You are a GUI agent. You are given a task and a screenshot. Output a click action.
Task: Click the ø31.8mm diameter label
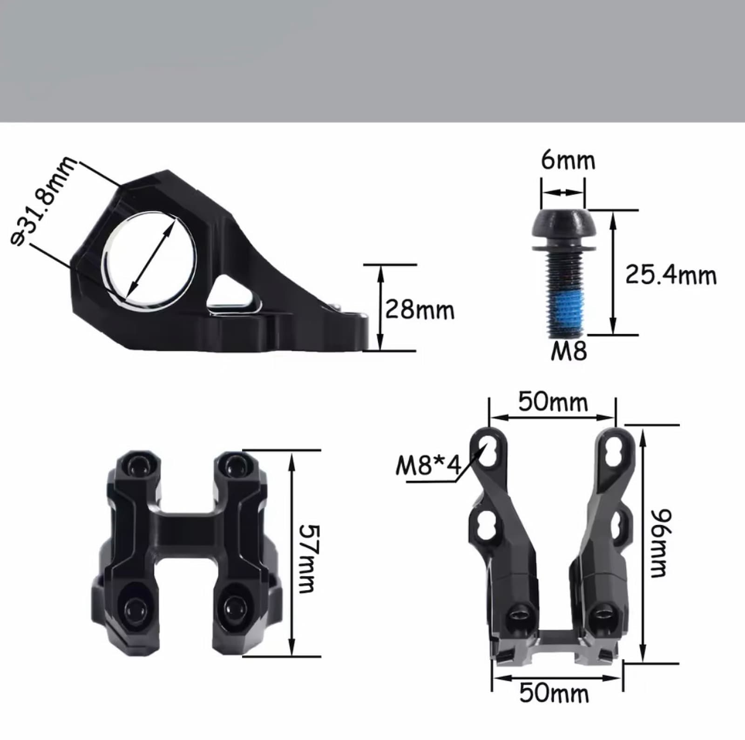tap(43, 201)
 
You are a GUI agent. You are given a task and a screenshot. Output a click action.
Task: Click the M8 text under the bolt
tap(569, 350)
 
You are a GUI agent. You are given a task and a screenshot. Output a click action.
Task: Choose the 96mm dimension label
tap(660, 543)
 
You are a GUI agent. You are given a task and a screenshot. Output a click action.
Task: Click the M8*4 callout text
tap(428, 465)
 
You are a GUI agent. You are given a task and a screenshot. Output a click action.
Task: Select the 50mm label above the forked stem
tap(553, 401)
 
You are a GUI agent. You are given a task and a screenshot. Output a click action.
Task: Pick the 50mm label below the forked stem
tap(554, 692)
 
